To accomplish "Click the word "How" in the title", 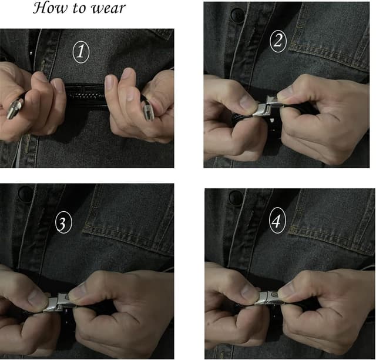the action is (x=50, y=8).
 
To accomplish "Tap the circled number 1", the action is (x=81, y=52).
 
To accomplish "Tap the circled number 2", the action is (x=278, y=41).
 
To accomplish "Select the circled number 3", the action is (x=63, y=222).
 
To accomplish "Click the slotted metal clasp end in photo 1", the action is (x=147, y=111).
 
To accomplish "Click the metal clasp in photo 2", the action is (x=266, y=106).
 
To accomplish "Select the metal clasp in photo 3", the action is (x=58, y=303).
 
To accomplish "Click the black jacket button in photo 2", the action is (x=237, y=15).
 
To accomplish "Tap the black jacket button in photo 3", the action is (x=26, y=193).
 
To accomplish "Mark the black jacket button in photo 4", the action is (x=236, y=198).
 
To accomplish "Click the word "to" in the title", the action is (x=80, y=9).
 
